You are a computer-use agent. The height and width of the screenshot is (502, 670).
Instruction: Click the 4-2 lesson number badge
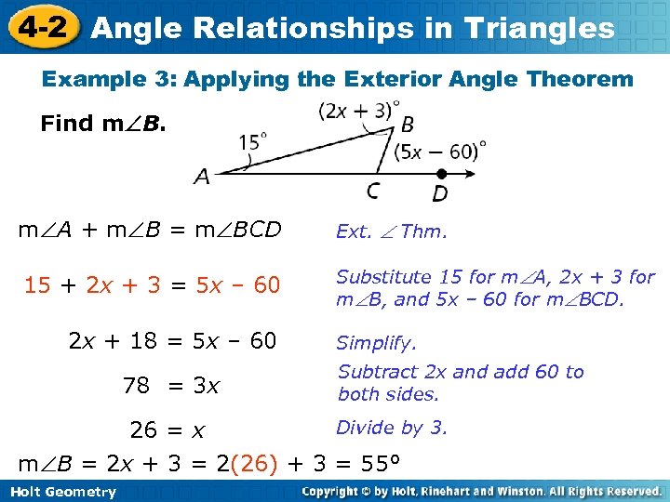pyautogui.click(x=42, y=27)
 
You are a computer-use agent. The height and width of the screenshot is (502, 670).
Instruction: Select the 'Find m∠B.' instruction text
pyautogui.click(x=103, y=124)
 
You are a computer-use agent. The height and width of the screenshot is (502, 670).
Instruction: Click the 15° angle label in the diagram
pyautogui.click(x=252, y=141)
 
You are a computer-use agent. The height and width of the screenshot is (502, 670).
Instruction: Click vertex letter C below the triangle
pyautogui.click(x=372, y=191)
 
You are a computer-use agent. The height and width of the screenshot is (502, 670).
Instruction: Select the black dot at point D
pyautogui.click(x=441, y=173)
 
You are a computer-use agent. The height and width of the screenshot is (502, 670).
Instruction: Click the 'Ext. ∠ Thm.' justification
pyautogui.click(x=391, y=231)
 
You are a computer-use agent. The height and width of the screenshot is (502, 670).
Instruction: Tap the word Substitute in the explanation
pyautogui.click(x=383, y=277)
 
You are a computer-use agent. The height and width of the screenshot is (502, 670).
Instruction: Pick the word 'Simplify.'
pyautogui.click(x=376, y=343)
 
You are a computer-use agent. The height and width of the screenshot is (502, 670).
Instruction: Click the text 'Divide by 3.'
pyautogui.click(x=392, y=428)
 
